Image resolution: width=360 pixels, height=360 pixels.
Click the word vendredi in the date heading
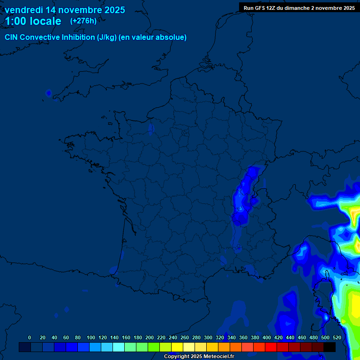click(x=24, y=10)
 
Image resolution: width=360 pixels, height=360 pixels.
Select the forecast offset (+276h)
click(x=83, y=21)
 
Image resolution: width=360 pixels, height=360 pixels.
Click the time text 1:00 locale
click(x=33, y=21)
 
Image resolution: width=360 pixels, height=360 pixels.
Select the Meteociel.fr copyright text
click(x=199, y=357)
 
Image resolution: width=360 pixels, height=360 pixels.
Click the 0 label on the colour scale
click(x=30, y=337)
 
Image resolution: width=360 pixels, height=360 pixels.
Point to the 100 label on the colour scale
click(x=91, y=337)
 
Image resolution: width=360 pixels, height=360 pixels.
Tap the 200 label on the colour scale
click(x=150, y=337)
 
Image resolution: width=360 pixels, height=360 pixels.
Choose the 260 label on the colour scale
click(x=185, y=337)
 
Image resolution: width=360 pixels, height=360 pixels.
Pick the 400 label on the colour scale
click(x=267, y=337)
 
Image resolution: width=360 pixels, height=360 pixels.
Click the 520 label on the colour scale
click(x=337, y=337)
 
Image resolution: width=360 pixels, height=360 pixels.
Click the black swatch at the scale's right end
click(x=330, y=347)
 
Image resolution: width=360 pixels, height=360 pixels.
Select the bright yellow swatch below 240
click(x=177, y=347)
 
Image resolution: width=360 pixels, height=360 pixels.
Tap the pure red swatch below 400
click(x=271, y=347)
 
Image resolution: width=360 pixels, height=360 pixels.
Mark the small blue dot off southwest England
click(x=48, y=93)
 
